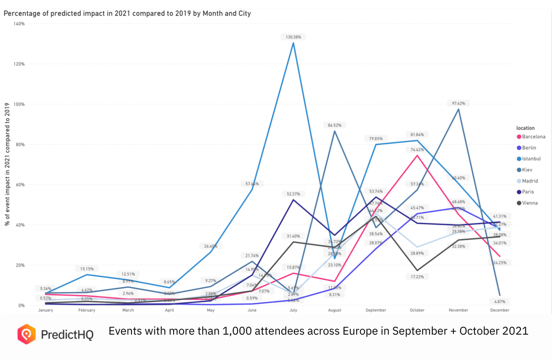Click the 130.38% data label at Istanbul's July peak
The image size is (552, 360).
click(293, 37)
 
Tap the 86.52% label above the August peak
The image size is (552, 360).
click(334, 125)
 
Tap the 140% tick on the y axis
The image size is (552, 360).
click(19, 23)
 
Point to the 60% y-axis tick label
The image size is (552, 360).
click(21, 184)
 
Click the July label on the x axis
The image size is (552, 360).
click(293, 310)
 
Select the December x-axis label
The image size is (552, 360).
click(499, 310)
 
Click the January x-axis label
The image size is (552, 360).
click(46, 310)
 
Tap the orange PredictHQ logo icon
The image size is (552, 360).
click(26, 334)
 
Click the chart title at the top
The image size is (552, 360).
click(127, 13)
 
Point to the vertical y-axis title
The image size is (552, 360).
click(8, 164)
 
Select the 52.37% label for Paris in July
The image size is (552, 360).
click(293, 193)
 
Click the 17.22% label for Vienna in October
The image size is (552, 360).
click(417, 277)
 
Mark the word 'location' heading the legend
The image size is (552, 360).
click(526, 128)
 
